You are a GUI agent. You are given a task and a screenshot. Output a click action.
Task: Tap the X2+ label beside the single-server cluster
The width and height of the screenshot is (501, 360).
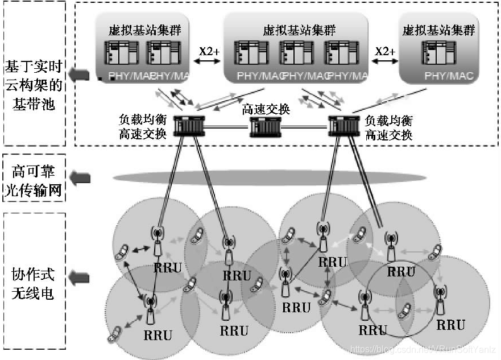tap(384, 51)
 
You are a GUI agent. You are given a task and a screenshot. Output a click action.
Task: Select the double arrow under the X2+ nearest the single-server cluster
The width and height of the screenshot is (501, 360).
tap(384, 61)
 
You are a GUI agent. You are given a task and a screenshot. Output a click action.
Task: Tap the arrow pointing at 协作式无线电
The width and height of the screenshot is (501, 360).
tap(81, 277)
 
